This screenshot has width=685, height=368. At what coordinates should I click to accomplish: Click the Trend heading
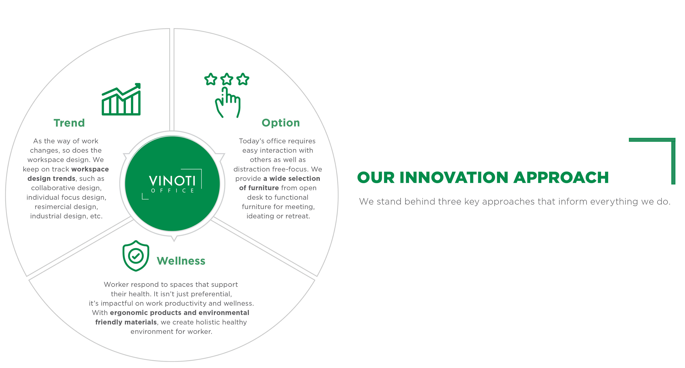(x=69, y=123)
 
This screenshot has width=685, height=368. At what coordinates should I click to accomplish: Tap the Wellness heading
(x=181, y=261)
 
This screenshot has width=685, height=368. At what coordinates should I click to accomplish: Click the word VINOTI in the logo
(x=172, y=181)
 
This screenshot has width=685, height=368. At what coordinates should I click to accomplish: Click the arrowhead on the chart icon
(x=138, y=86)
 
